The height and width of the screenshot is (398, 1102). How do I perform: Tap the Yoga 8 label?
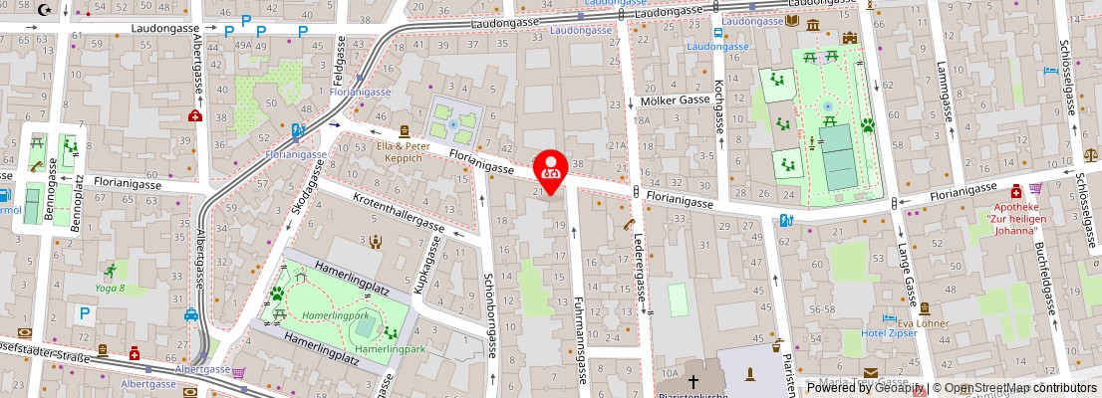click(x=110, y=288)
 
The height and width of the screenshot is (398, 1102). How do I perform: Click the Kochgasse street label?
click(x=718, y=106)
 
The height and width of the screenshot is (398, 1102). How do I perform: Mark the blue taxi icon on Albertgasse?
click(x=190, y=315)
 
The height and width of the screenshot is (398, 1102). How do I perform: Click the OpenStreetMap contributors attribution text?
click(x=1019, y=388)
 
